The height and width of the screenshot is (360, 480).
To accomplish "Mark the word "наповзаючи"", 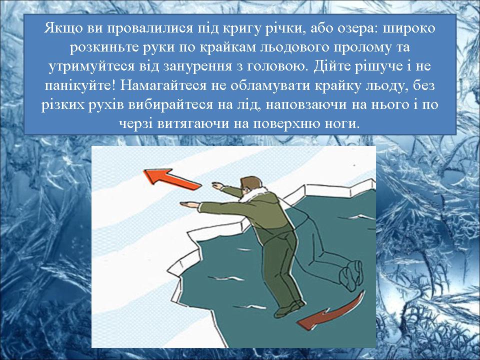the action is click(x=306, y=105).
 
